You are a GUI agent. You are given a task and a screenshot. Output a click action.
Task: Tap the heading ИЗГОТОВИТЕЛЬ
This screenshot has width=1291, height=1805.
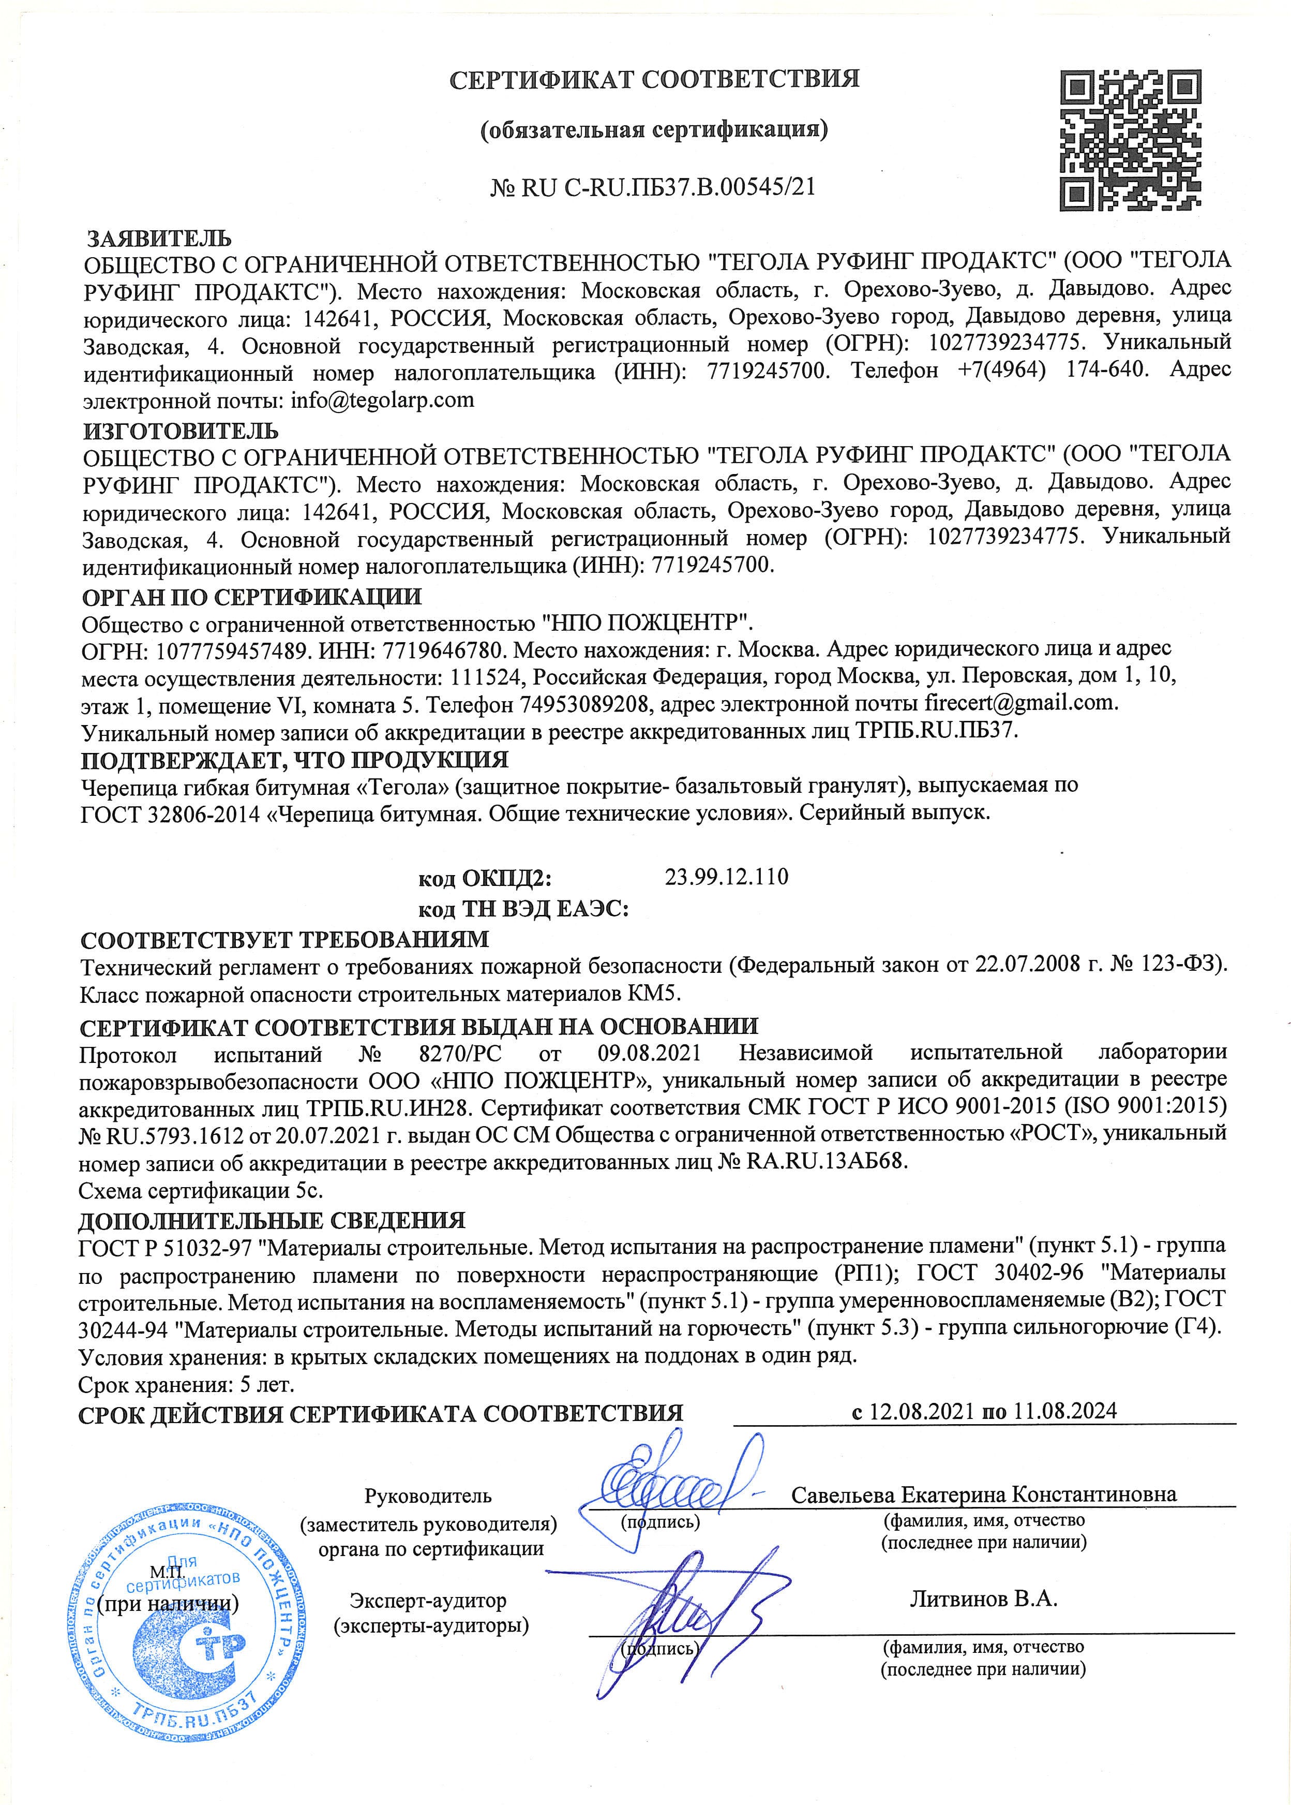[x=181, y=431]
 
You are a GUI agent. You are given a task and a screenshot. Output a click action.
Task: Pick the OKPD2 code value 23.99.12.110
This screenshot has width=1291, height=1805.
[x=726, y=877]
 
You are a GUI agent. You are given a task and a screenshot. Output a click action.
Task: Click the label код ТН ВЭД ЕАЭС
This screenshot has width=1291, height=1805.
[x=523, y=908]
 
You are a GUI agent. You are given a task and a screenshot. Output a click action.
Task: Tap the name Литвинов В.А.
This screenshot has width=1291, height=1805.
[x=983, y=1599]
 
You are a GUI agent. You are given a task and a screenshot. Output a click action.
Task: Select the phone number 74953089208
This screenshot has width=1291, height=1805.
[x=588, y=703]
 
